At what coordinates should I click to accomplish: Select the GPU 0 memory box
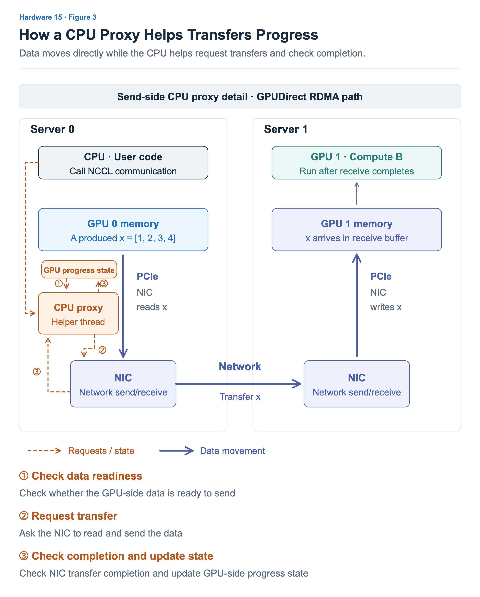click(123, 230)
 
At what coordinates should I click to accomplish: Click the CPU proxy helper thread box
click(78, 313)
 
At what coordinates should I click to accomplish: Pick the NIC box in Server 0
click(123, 384)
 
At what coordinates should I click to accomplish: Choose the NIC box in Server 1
click(357, 384)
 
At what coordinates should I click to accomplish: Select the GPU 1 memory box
click(357, 230)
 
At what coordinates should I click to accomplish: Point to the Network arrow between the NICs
click(239, 384)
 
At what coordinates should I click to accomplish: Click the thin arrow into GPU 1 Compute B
click(357, 193)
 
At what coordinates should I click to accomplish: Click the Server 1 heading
click(286, 129)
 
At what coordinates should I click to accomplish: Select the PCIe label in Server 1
click(381, 276)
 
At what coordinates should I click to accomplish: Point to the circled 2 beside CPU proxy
click(102, 350)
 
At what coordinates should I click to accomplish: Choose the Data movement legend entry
click(212, 451)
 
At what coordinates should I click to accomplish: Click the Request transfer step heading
click(68, 516)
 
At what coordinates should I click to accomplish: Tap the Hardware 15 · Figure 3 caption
click(58, 17)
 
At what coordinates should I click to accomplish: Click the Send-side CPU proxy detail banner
click(240, 96)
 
